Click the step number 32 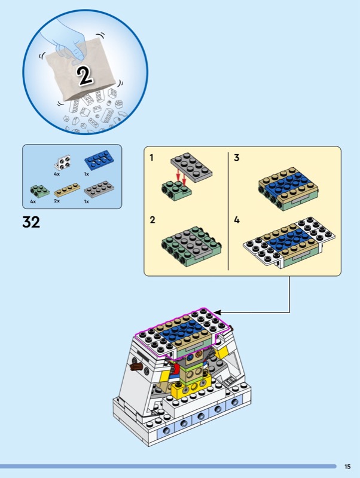pyautogui.click(x=31, y=222)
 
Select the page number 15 pyautogui.click(x=347, y=467)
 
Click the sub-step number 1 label pyautogui.click(x=152, y=158)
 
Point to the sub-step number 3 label pyautogui.click(x=237, y=158)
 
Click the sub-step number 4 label pyautogui.click(x=237, y=220)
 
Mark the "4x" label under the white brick pyautogui.click(x=57, y=174)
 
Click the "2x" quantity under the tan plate pyautogui.click(x=57, y=201)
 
